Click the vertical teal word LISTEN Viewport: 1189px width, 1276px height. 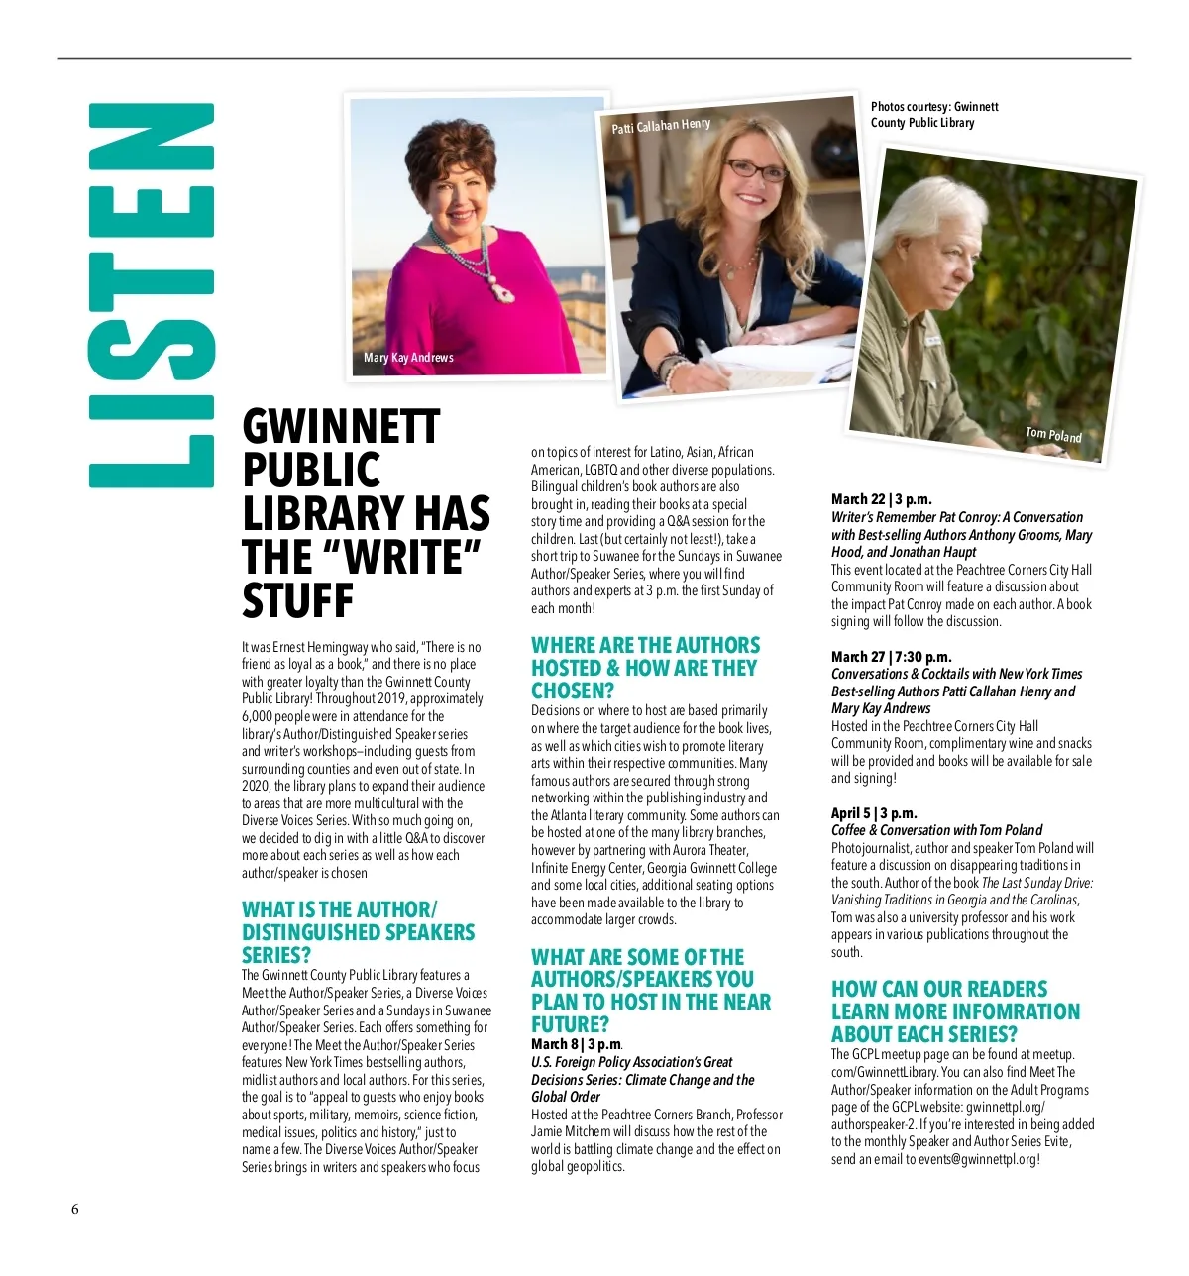(152, 295)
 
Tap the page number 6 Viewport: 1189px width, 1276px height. (74, 1209)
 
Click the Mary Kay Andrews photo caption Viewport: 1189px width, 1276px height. (408, 358)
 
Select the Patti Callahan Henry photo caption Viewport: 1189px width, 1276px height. (661, 126)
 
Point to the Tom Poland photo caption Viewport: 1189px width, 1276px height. (1053, 434)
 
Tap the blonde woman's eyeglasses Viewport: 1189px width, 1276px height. (756, 169)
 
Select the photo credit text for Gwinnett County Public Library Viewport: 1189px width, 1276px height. (934, 115)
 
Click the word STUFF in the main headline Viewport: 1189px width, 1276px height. (297, 600)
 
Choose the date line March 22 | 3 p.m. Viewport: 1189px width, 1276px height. (881, 499)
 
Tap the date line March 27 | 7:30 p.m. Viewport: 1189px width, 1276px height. (891, 656)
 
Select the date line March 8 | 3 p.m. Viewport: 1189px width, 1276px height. (576, 1044)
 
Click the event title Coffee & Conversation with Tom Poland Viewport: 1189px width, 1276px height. (936, 830)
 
